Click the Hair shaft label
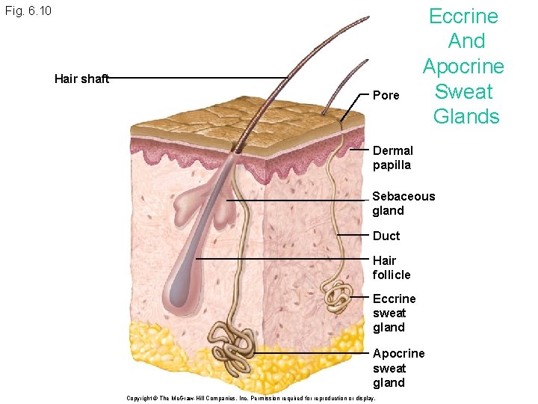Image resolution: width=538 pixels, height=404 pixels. click(x=81, y=79)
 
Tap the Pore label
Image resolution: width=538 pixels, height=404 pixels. click(x=386, y=95)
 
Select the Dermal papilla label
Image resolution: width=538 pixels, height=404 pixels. click(x=392, y=157)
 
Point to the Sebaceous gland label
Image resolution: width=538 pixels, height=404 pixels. click(x=403, y=203)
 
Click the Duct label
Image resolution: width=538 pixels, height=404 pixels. click(x=386, y=236)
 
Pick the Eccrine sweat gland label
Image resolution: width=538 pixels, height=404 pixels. click(x=394, y=313)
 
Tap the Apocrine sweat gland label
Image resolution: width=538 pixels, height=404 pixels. click(x=398, y=367)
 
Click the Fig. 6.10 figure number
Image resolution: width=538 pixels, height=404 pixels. click(x=28, y=12)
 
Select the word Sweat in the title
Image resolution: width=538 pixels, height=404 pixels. click(x=464, y=92)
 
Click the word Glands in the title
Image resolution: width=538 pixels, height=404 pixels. click(x=466, y=117)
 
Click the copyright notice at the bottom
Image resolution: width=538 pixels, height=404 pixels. click(x=252, y=397)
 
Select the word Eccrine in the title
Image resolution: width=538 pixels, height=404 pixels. click(x=463, y=16)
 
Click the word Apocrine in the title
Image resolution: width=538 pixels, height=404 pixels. click(x=463, y=67)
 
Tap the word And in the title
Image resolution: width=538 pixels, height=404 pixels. click(x=466, y=41)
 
